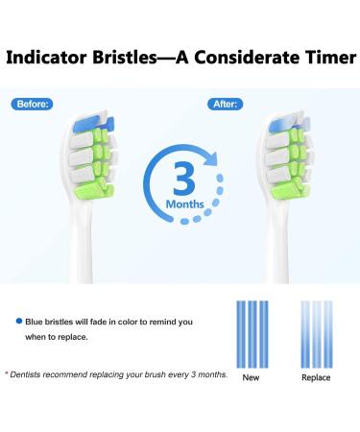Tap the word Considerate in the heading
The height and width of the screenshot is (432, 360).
click(228, 58)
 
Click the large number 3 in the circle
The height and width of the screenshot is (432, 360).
click(180, 175)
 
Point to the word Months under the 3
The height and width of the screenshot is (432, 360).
click(180, 204)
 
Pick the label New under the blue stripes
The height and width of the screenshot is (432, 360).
click(252, 377)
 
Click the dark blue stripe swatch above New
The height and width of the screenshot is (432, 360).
click(252, 332)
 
